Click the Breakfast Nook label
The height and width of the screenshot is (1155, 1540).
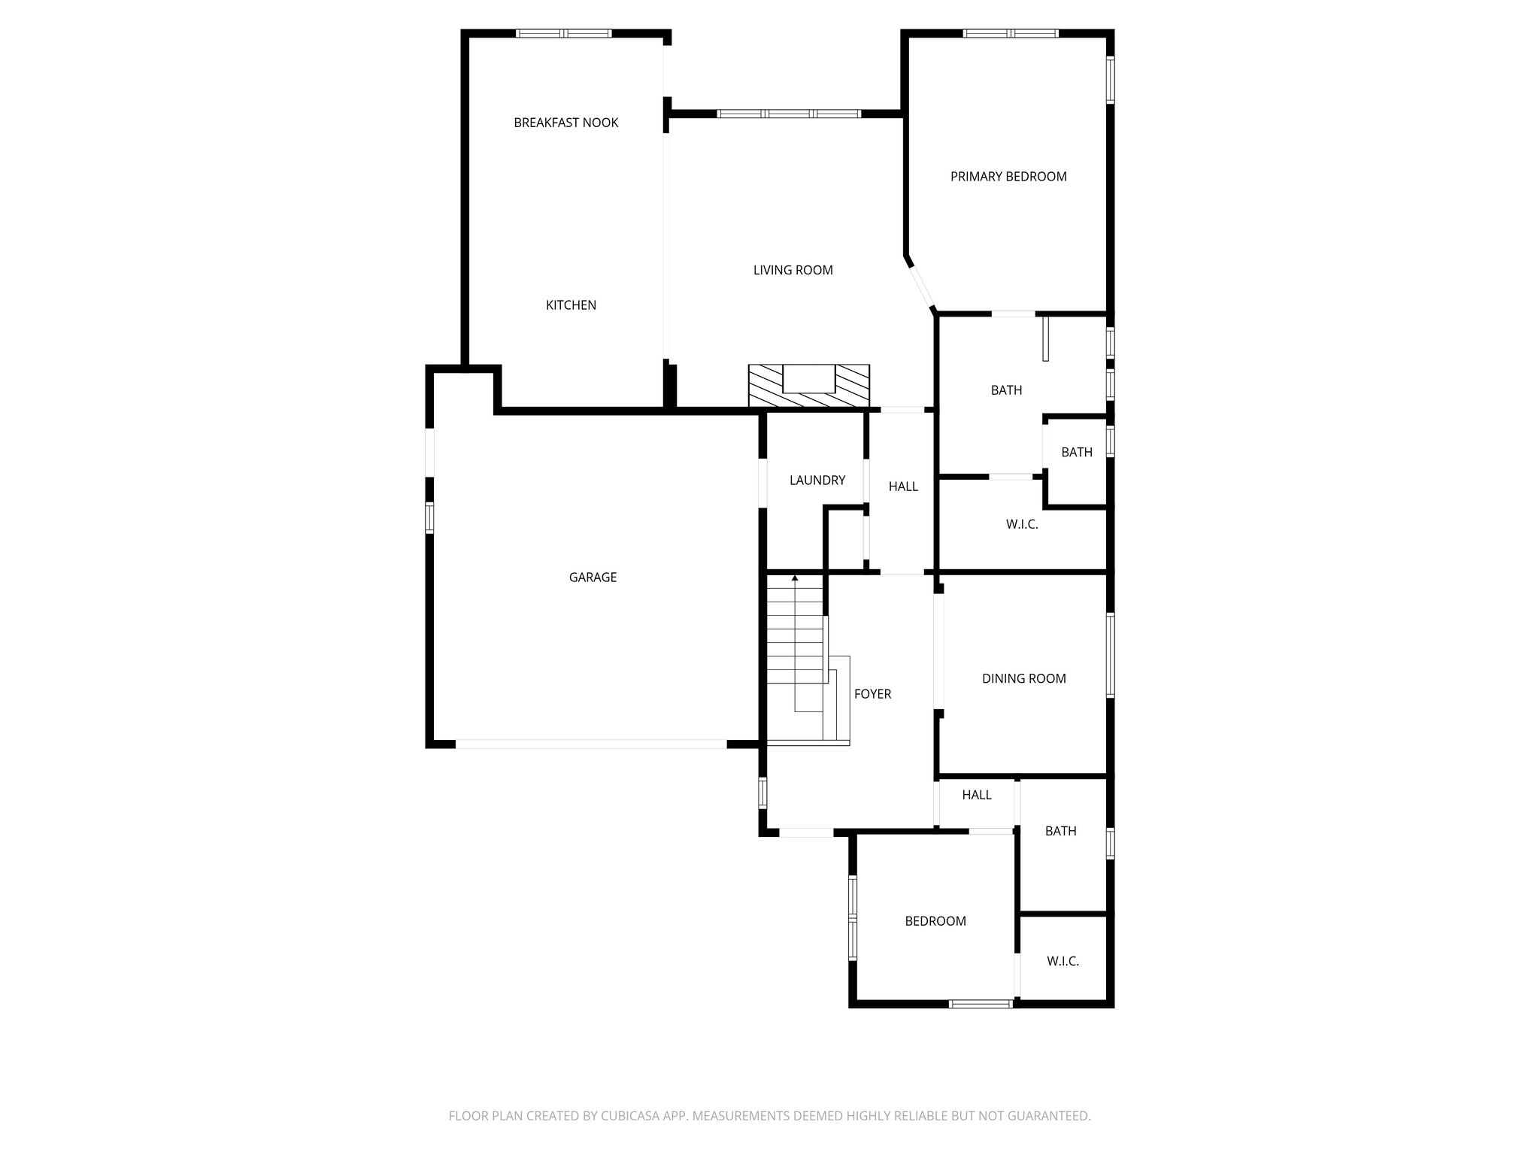coord(565,123)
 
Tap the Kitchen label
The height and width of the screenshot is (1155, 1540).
coord(571,305)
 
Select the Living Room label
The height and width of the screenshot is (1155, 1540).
coord(793,270)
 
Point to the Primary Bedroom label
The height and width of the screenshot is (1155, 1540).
coord(1008,177)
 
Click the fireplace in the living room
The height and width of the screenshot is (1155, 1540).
coord(808,386)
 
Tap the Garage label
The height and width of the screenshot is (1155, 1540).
coord(593,577)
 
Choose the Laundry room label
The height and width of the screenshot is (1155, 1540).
coord(817,480)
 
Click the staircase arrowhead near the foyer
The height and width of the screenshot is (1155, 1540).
coord(795,577)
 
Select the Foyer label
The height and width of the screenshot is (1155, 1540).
coord(872,694)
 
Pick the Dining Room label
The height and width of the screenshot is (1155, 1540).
coord(1023,678)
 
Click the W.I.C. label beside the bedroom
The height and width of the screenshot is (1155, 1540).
coord(1063,961)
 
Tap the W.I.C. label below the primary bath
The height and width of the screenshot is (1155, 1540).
coord(1022,524)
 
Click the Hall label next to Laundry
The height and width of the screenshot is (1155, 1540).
coord(903,487)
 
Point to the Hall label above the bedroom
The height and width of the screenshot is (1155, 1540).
coord(976,795)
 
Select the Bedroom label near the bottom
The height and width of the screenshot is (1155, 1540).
coord(935,921)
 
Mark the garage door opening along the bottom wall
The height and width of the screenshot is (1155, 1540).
coord(591,744)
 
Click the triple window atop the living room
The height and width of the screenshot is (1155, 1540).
coord(788,114)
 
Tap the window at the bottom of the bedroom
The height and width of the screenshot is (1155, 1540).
coord(980,1003)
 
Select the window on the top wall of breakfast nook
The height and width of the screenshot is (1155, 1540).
coord(563,33)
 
